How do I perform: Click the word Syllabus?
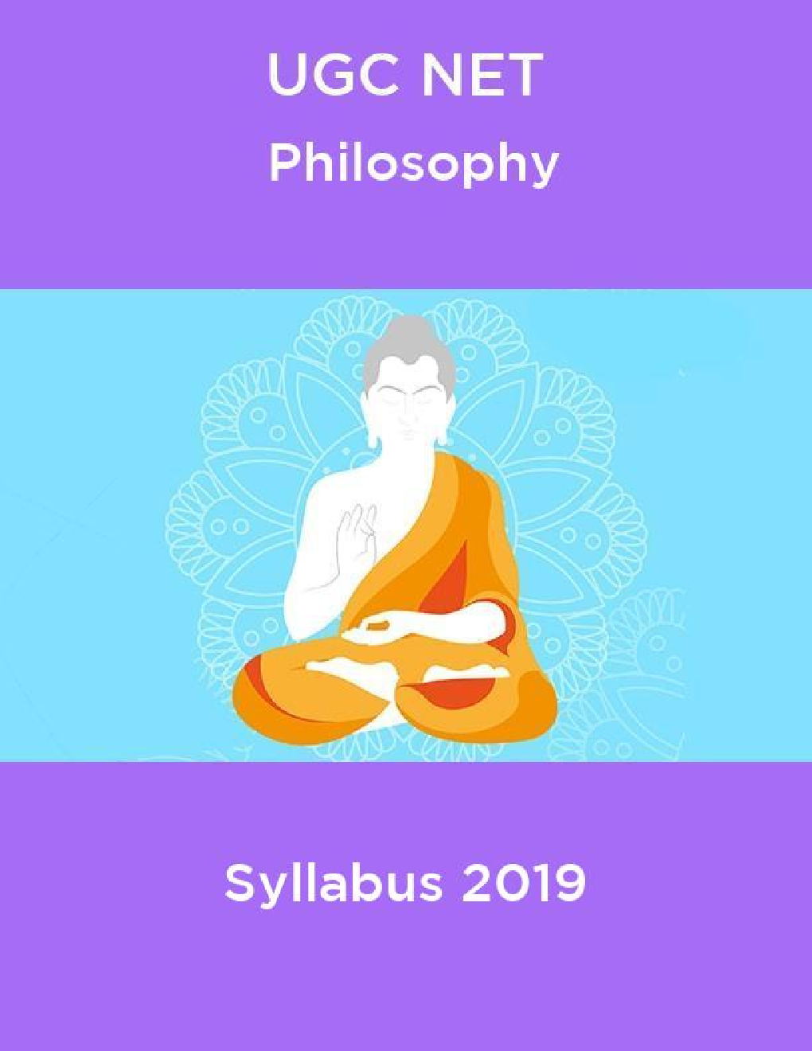pos(333,884)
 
